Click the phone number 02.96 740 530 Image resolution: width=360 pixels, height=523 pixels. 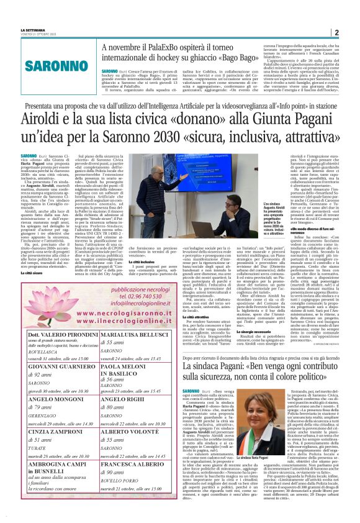point(108,298)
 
